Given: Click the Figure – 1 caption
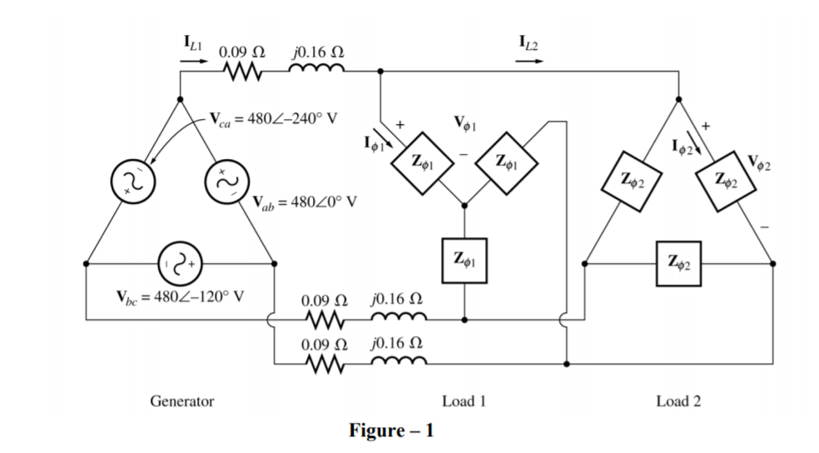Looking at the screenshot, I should coord(391,431).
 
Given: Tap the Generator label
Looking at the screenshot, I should coord(181,401).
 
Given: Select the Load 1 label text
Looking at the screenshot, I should coord(464,401).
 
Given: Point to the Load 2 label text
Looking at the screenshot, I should coord(678,401).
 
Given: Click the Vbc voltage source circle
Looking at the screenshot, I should coord(176,263).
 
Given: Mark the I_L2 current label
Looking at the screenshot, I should coord(528,42).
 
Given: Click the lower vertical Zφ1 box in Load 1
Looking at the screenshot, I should coord(464,258).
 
